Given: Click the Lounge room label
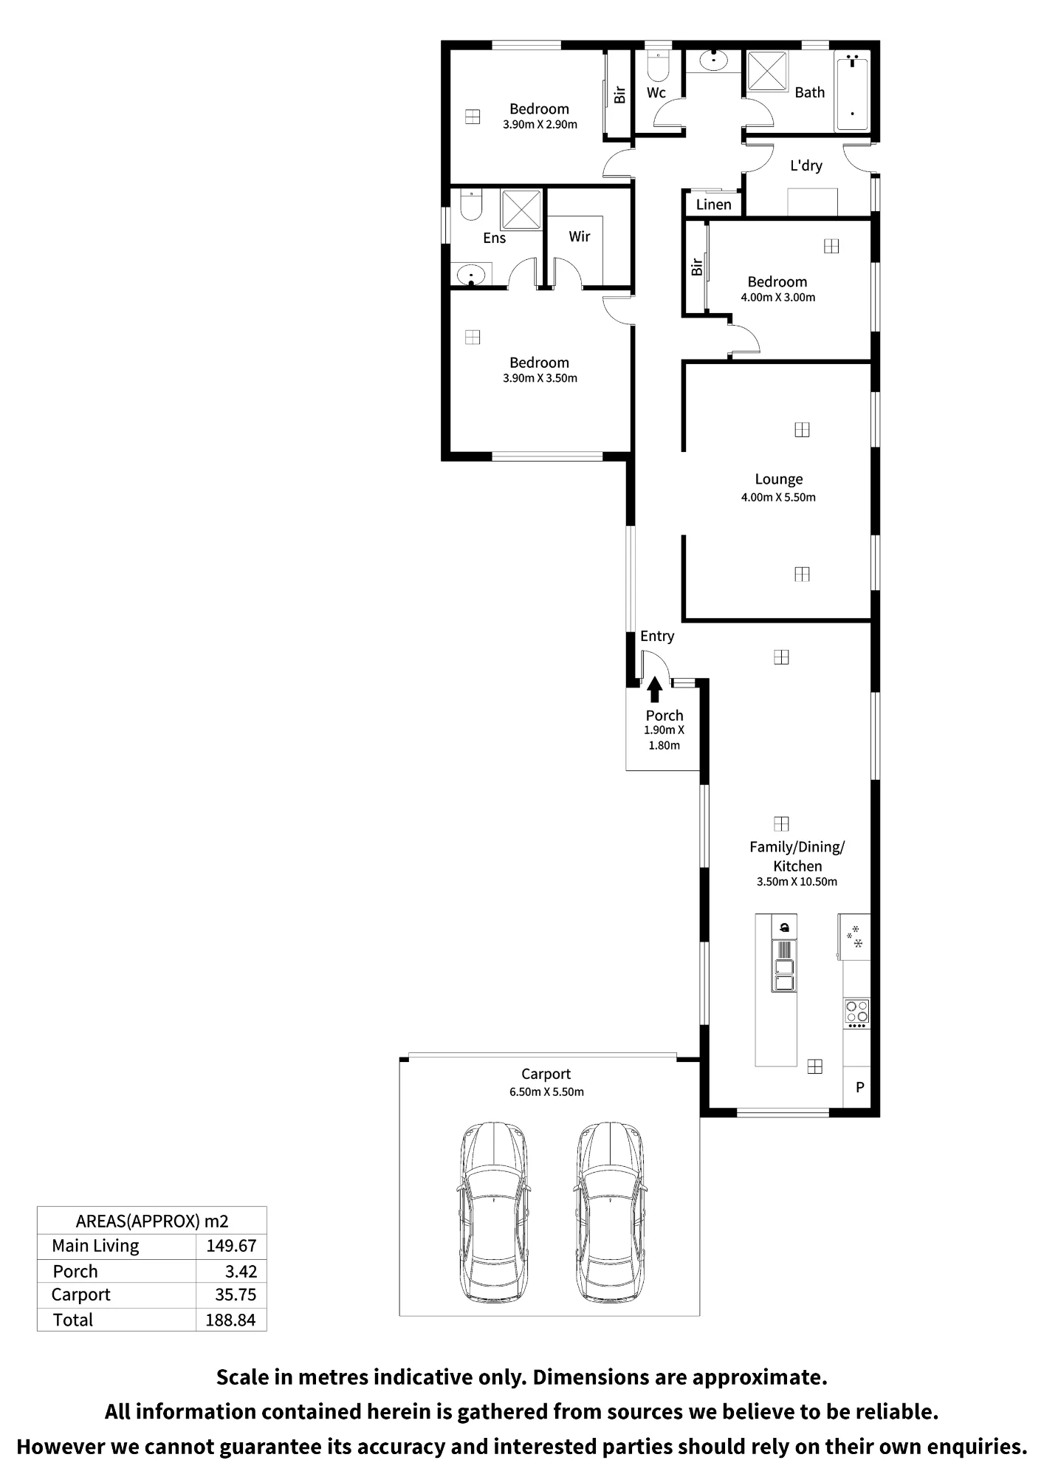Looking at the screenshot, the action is (778, 479).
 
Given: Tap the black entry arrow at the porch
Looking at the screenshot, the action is (654, 690).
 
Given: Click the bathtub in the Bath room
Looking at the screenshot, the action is (852, 91).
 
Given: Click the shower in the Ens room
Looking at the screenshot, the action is (522, 210).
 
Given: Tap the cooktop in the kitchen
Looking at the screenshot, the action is (857, 1012).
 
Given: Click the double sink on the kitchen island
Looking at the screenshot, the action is (784, 975).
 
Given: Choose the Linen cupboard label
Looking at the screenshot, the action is (714, 205).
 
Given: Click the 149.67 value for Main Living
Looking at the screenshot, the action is (231, 1246).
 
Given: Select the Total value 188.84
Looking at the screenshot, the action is (230, 1320).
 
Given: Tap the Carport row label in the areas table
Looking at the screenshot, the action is (80, 1295).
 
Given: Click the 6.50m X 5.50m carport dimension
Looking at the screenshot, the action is (546, 1092).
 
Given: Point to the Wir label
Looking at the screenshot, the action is (580, 236).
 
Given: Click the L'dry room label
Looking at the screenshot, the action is (806, 165).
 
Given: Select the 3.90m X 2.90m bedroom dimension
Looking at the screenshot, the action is (540, 125).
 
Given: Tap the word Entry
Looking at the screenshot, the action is (657, 637).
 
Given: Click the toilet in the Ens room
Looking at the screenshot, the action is (471, 205).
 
